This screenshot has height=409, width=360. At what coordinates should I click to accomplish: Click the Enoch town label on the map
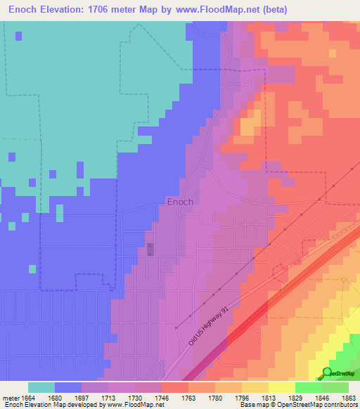pyautogui.click(x=180, y=202)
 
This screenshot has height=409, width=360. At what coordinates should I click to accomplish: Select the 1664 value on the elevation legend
pyautogui.click(x=26, y=397)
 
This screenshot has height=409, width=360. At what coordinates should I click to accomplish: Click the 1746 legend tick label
pyautogui.click(x=162, y=397)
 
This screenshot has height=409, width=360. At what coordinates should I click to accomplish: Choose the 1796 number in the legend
pyautogui.click(x=242, y=397)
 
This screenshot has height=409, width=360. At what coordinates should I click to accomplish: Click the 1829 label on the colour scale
pyautogui.click(x=295, y=397)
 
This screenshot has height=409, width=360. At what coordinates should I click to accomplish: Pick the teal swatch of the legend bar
pyautogui.click(x=41, y=387)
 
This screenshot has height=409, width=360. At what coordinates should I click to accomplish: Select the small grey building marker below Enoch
pyautogui.click(x=150, y=249)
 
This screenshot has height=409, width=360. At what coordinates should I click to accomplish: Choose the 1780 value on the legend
pyautogui.click(x=215, y=397)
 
